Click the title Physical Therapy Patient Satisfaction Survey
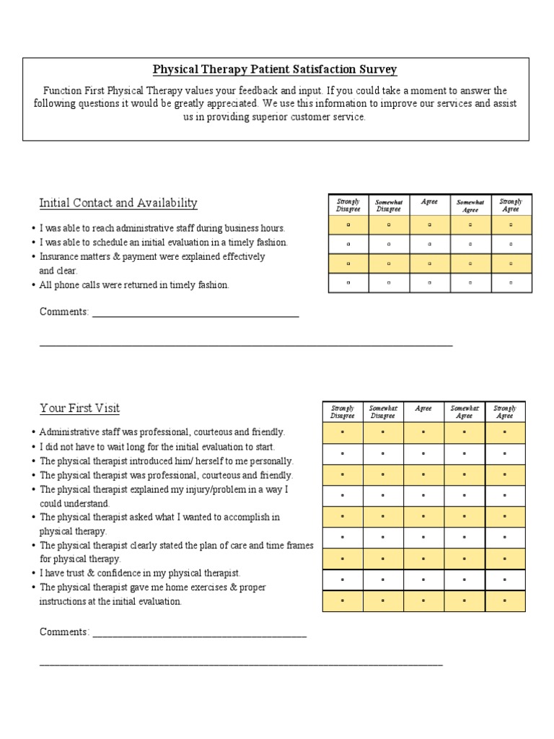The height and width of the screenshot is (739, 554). tap(275, 70)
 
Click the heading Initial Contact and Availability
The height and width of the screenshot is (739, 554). tap(118, 203)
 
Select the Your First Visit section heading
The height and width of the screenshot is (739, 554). tap(79, 408)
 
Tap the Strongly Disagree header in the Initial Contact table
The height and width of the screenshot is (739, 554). tap(348, 205)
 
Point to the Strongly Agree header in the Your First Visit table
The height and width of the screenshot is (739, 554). tap(505, 412)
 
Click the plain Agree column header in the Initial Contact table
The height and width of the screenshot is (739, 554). tap(429, 202)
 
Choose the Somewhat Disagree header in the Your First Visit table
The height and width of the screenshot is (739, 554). tap(382, 412)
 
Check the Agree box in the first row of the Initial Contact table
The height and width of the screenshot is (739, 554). tap(429, 225)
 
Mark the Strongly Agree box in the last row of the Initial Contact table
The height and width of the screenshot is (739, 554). tap(511, 283)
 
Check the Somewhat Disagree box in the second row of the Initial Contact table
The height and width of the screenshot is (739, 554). tap(389, 245)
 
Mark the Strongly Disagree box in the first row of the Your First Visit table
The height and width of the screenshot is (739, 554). tap(342, 433)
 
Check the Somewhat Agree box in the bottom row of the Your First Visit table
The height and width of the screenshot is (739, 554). tap(464, 600)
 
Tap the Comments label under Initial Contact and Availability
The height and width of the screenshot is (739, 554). tap(64, 312)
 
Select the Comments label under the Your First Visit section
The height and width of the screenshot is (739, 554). tap(64, 632)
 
